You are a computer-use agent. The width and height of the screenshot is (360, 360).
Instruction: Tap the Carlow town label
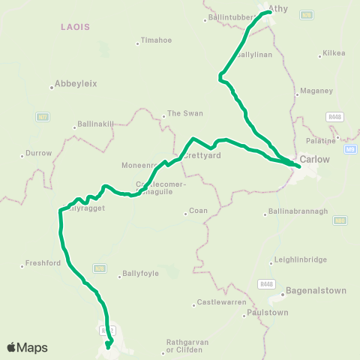point(314,159)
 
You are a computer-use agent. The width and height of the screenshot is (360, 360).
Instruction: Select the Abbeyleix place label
point(76,84)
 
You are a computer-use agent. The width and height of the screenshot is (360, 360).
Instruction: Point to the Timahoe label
point(156,42)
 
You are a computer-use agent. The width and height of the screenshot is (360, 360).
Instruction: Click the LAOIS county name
point(75,26)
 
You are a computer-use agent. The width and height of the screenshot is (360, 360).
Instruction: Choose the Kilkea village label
point(333,53)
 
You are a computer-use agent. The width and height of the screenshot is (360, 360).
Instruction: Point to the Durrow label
point(39,153)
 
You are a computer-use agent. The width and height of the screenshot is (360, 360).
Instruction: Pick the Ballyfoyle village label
point(140,274)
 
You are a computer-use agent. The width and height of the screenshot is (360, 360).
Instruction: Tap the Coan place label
point(198,211)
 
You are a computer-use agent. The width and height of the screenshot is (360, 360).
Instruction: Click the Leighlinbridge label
point(301,259)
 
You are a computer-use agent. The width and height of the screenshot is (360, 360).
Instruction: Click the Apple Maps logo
point(27,347)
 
